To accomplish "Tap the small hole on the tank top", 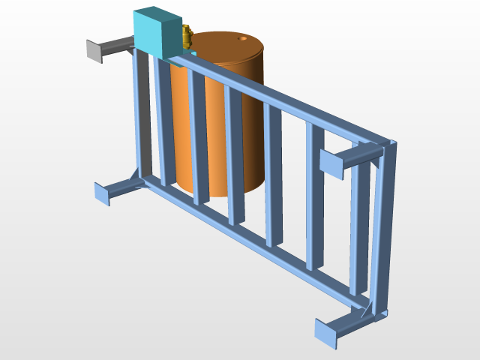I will coord(242,37).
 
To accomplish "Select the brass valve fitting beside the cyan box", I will coord(187,35).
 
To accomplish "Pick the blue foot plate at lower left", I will coord(103,192).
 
